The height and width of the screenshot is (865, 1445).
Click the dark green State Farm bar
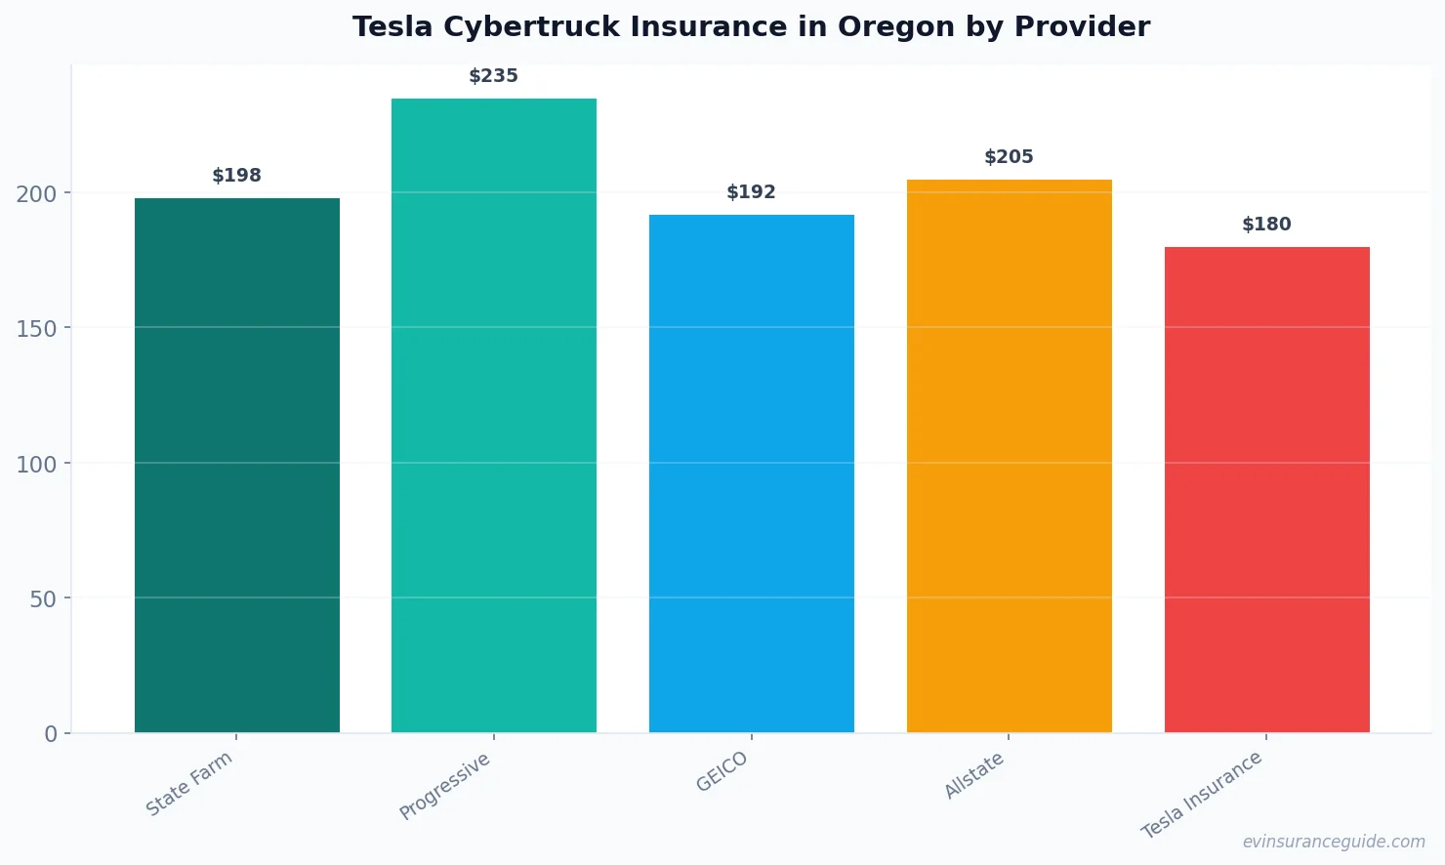click(237, 465)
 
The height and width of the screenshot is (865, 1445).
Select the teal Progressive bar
click(494, 415)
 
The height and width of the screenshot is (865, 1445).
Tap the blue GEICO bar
click(752, 474)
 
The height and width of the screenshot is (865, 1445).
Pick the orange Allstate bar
click(1009, 456)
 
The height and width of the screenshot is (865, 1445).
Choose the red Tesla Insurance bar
click(1266, 489)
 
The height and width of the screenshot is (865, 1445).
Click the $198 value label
click(237, 176)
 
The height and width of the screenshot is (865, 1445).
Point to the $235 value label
click(494, 76)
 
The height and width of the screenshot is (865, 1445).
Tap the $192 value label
click(752, 192)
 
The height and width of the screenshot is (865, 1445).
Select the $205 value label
click(1009, 157)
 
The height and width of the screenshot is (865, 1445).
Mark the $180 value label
click(1266, 225)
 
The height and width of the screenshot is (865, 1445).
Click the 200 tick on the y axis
click(36, 194)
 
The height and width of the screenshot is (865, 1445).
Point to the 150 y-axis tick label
click(36, 329)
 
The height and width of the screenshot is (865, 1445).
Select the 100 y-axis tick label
click(36, 465)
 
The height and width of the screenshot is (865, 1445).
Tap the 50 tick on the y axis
click(43, 599)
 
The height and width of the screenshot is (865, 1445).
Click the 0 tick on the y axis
click(51, 734)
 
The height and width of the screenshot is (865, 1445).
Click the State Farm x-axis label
click(189, 783)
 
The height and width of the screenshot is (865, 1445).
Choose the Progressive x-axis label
click(445, 786)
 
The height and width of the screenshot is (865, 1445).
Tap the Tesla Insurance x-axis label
click(1202, 795)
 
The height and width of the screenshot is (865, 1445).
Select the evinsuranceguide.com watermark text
click(1334, 842)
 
